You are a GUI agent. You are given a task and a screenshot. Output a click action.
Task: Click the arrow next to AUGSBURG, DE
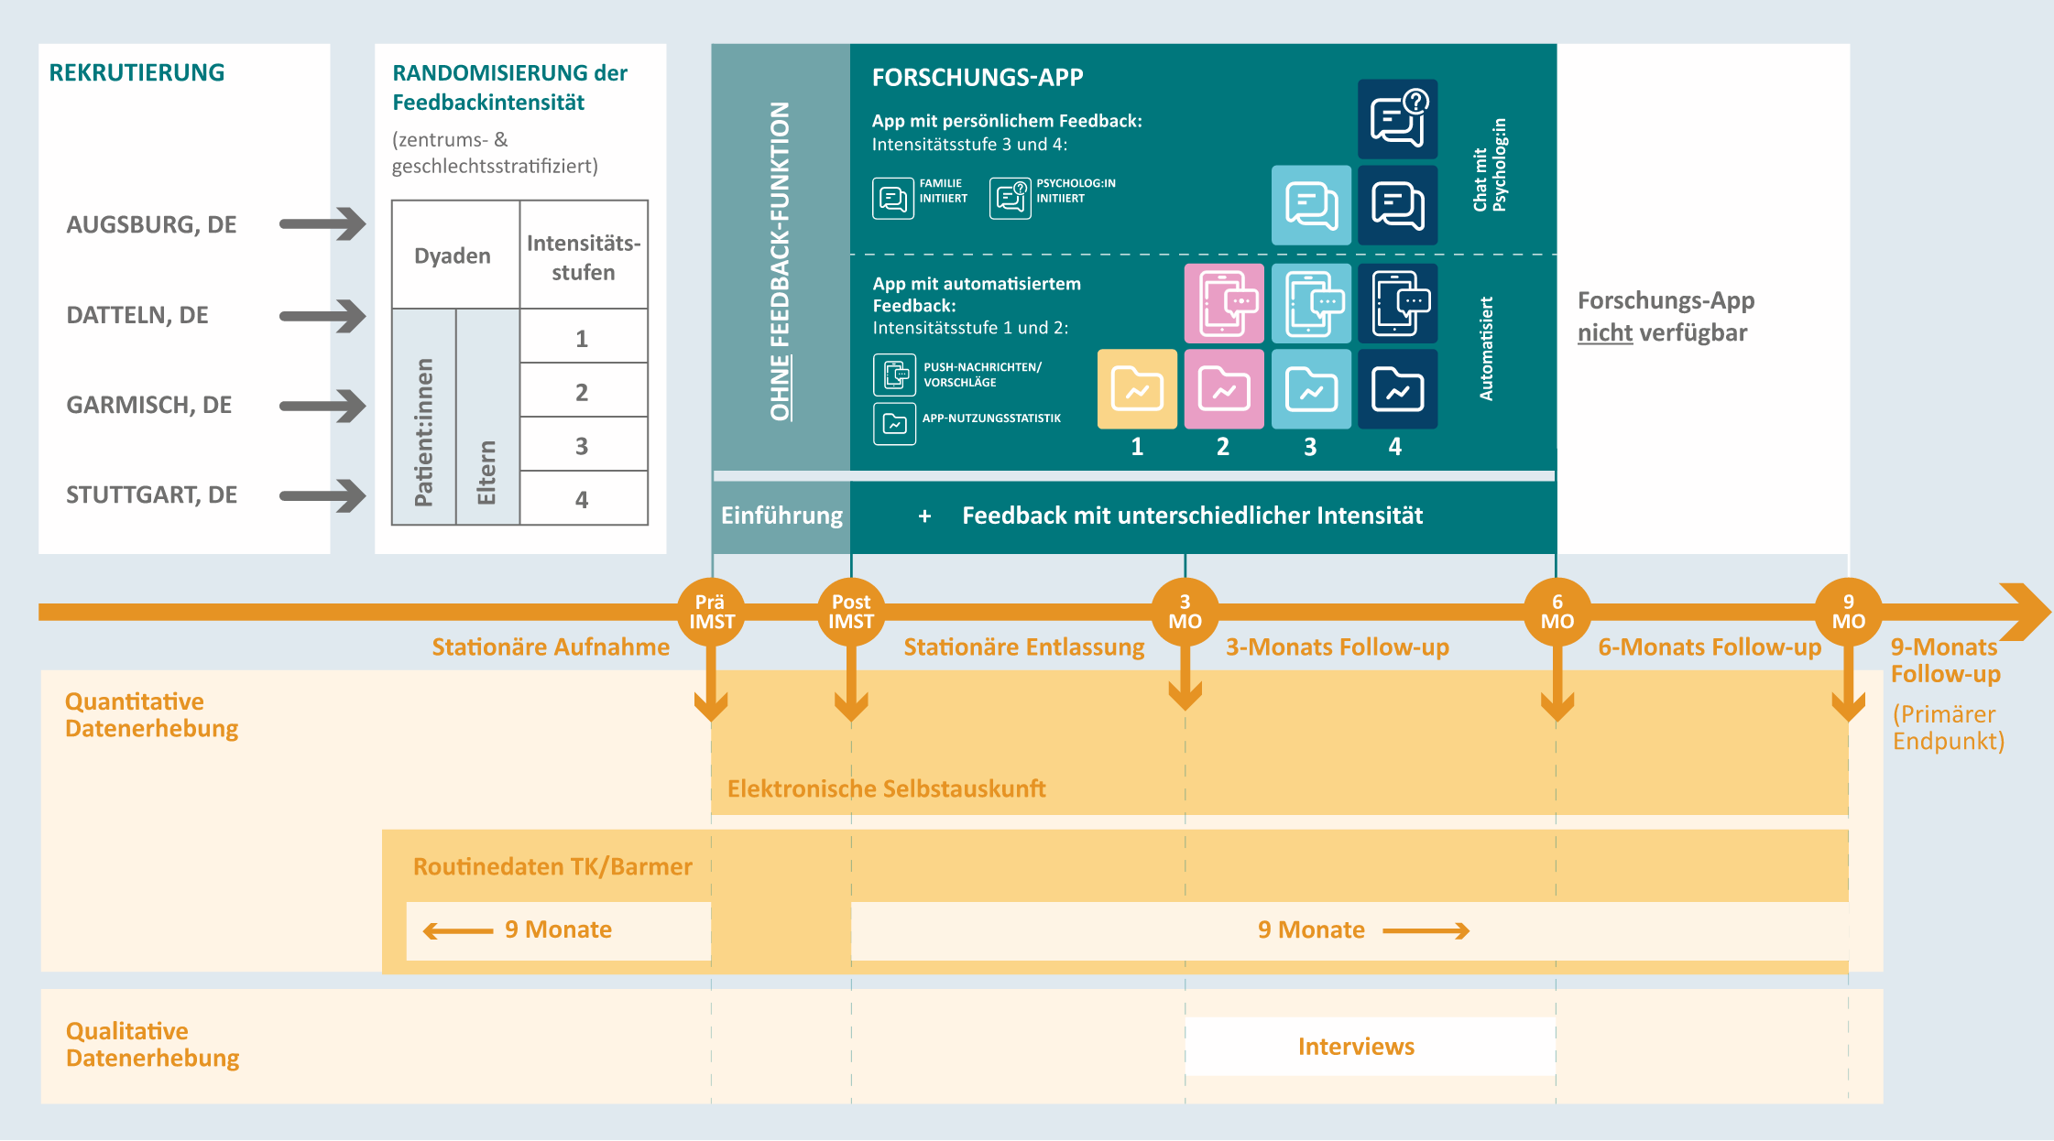tap(322, 223)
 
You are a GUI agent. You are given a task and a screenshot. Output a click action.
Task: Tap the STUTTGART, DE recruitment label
tap(152, 494)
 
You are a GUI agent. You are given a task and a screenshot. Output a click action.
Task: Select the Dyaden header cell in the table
tap(453, 255)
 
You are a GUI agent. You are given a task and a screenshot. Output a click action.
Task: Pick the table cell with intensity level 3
tap(582, 446)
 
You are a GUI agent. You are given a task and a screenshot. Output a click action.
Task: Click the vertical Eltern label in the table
tap(486, 472)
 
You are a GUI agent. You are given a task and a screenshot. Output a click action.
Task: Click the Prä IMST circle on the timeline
tap(711, 612)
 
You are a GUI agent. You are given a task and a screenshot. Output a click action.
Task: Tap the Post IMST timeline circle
tap(851, 612)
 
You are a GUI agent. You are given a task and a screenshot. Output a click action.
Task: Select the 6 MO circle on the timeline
tap(1557, 612)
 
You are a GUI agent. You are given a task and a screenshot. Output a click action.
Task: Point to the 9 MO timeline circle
tap(1848, 612)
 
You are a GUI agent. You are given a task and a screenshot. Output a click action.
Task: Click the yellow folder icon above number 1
tap(1137, 389)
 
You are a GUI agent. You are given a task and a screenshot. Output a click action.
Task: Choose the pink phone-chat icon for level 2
tap(1224, 303)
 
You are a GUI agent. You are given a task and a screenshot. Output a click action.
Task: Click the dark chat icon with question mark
tap(1397, 119)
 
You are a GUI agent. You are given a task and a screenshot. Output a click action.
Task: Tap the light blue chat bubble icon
tap(1311, 205)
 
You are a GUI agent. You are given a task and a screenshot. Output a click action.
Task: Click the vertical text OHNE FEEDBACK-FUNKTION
tap(781, 261)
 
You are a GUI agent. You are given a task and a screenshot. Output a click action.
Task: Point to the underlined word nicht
tap(1604, 332)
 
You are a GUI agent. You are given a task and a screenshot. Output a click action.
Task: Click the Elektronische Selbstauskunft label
tap(886, 788)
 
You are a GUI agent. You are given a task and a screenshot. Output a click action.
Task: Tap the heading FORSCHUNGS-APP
tap(978, 77)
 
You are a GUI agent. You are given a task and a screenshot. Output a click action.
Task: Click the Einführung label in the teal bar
tap(781, 516)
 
